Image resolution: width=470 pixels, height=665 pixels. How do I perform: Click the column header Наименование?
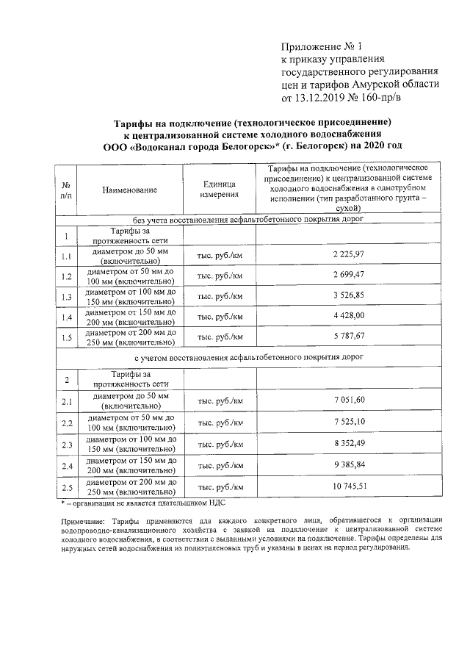[130, 190]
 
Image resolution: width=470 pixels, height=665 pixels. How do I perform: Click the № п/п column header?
[66, 190]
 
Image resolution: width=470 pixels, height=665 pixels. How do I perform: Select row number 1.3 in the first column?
[66, 297]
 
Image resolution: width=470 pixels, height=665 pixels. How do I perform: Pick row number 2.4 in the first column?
[66, 467]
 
